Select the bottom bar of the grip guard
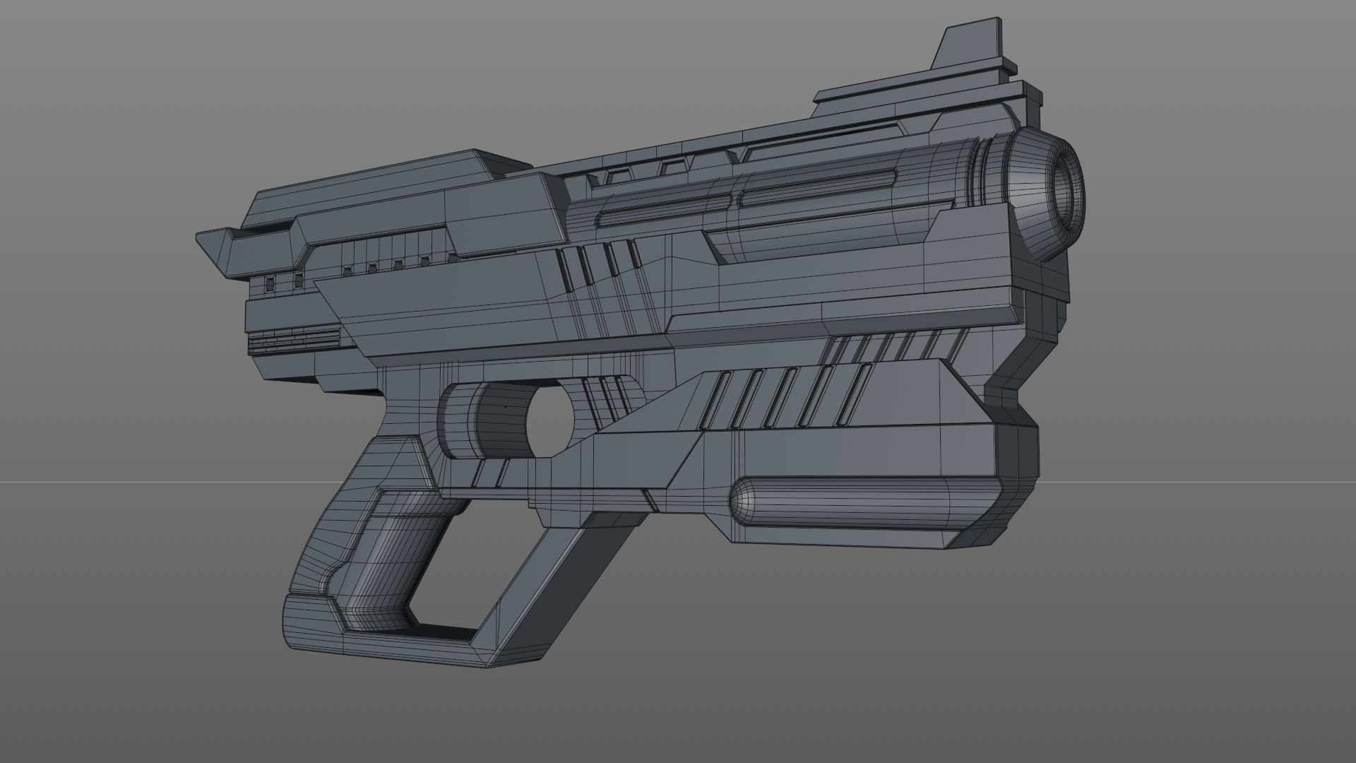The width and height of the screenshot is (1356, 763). pos(395,646)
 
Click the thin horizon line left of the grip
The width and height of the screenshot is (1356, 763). pos(106,483)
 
